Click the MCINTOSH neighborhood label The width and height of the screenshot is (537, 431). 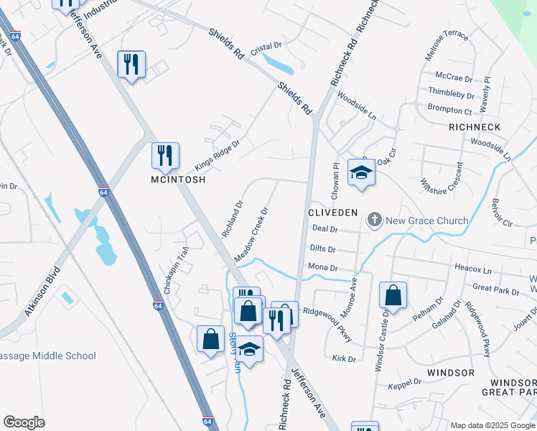coord(177,180)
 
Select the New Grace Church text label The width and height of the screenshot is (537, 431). coord(426,221)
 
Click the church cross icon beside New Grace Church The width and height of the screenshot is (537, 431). coord(374,220)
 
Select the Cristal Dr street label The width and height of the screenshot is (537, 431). coord(266,49)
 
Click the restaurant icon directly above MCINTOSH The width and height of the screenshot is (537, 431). coord(165,155)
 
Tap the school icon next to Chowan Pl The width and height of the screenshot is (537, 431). coord(362,173)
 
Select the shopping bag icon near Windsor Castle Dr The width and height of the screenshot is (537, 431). coord(393,295)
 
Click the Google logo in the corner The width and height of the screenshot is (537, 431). coord(24,422)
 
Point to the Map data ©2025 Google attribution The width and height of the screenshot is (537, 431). coord(492,425)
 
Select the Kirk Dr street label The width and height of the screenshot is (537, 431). coord(344,358)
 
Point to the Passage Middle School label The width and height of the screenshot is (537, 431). coord(47,356)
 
